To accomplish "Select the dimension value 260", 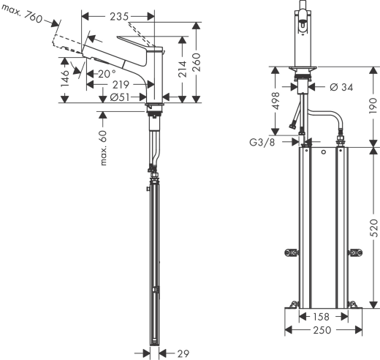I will click(x=197, y=61).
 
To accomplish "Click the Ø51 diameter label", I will click(x=121, y=97).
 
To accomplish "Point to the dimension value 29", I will click(x=184, y=353).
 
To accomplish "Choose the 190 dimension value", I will click(x=373, y=107).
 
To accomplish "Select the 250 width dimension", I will click(x=323, y=331).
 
